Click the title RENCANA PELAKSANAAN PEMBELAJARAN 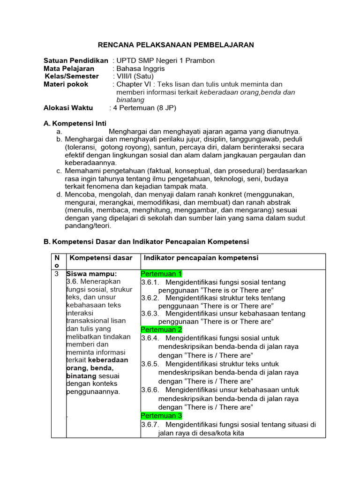pyautogui.click(x=175, y=45)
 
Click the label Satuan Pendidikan pyautogui.click(x=76, y=60)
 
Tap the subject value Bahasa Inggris pyautogui.click(x=141, y=68)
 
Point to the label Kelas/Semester pyautogui.click(x=72, y=76)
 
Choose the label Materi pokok pyautogui.click(x=66, y=84)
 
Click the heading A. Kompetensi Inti pyautogui.click(x=75, y=124)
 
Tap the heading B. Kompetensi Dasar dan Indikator pyautogui.click(x=146, y=241)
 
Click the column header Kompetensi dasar pyautogui.click(x=101, y=258)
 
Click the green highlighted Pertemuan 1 pyautogui.click(x=161, y=274)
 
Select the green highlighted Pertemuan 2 pyautogui.click(x=161, y=330)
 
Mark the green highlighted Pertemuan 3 pyautogui.click(x=161, y=415)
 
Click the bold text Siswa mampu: pyautogui.click(x=91, y=274)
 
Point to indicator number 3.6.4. pyautogui.click(x=150, y=338)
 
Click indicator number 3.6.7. pyautogui.click(x=150, y=424)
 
